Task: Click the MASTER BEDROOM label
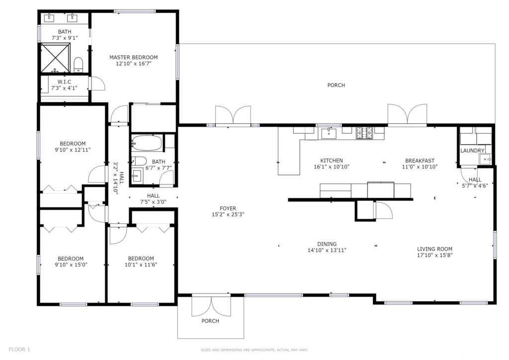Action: [x=133, y=58]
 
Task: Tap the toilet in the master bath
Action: [x=79, y=65]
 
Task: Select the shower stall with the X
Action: [x=56, y=58]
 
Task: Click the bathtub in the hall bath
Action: [x=147, y=143]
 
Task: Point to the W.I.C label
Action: [x=64, y=82]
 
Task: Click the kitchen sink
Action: [x=329, y=133]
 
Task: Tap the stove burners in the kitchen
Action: [x=364, y=133]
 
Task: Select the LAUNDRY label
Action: [x=472, y=151]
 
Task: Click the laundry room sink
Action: [x=486, y=160]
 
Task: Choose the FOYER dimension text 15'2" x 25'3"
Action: [x=228, y=215]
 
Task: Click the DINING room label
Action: [x=327, y=244]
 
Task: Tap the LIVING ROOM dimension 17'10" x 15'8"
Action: [x=434, y=255]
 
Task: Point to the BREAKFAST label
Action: [x=420, y=161]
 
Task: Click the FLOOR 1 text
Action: [x=19, y=350]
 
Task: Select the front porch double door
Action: [x=211, y=306]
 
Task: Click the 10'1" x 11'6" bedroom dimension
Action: [x=141, y=265]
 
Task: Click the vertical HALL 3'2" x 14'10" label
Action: [x=118, y=178]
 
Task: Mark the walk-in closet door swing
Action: [x=97, y=84]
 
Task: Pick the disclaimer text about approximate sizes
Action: [x=254, y=350]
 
